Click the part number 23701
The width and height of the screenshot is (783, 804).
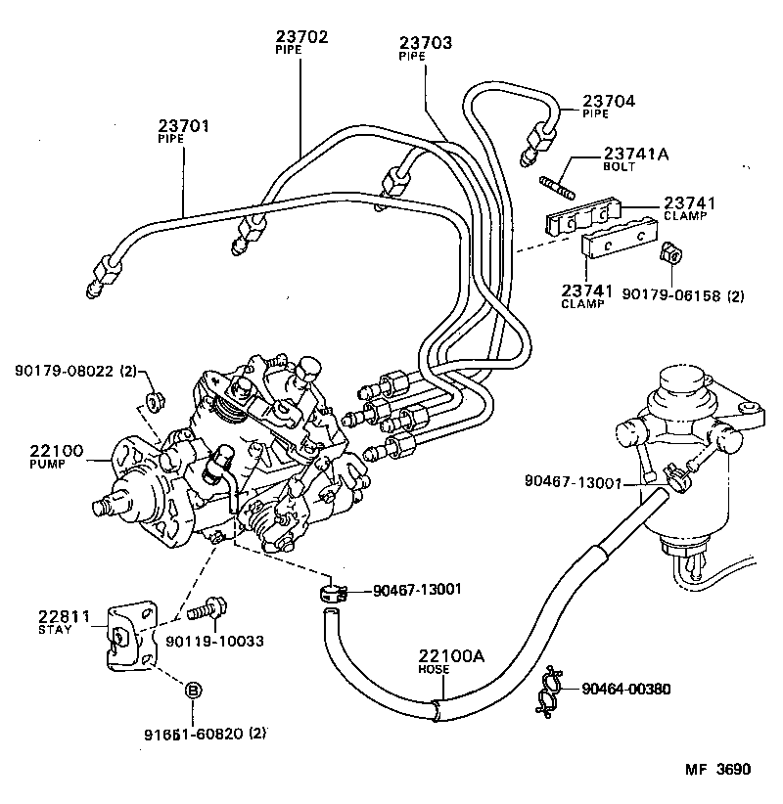pos(184,126)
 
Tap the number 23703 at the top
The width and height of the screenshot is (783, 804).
pos(427,43)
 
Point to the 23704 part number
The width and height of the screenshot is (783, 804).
pos(609,100)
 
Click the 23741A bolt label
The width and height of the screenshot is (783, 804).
pos(636,154)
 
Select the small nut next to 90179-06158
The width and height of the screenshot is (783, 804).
pos(671,255)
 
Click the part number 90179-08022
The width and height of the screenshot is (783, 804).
pos(66,371)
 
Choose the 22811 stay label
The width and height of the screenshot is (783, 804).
pos(64,617)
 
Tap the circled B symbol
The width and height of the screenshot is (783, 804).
pos(194,692)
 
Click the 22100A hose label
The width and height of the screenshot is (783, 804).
pos(452,657)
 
